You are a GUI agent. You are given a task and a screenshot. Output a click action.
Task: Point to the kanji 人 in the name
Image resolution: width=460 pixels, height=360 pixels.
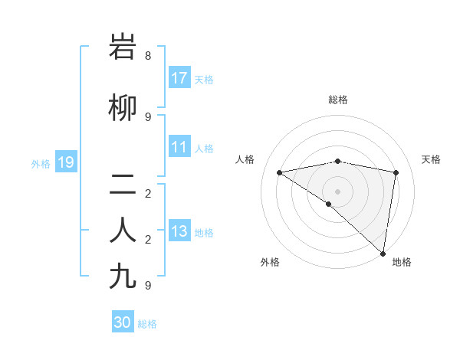[x=125, y=229]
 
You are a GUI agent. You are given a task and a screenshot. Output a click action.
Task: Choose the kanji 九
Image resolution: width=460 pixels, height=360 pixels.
[x=125, y=275]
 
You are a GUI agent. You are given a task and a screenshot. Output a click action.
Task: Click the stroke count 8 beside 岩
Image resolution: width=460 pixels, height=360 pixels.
[x=148, y=56]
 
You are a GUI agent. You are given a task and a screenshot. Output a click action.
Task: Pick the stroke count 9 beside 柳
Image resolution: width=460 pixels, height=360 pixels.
[x=148, y=116]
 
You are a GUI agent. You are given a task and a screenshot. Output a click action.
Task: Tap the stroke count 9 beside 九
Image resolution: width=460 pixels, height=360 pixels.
[x=148, y=284]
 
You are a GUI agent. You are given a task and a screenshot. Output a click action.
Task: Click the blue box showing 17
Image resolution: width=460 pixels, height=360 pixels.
[x=179, y=78]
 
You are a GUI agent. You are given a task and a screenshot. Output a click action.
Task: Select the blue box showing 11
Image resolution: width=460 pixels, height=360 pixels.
[x=179, y=147]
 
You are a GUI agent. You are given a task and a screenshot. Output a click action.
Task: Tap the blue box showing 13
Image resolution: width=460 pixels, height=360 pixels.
[x=179, y=231]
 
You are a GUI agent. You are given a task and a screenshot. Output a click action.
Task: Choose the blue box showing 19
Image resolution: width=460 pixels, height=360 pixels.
[x=65, y=162]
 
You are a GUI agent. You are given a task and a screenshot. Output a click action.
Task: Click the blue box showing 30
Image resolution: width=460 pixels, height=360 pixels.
[x=123, y=322]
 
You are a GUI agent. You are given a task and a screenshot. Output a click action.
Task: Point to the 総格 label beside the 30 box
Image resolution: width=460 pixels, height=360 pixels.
[x=148, y=324]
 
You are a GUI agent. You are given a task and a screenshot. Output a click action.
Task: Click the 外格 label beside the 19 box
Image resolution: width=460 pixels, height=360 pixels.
[x=41, y=163]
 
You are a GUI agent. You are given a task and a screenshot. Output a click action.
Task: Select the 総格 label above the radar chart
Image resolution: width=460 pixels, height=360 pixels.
[x=338, y=100]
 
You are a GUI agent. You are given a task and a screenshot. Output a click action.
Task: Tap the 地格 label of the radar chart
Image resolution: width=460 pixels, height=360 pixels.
[x=402, y=262]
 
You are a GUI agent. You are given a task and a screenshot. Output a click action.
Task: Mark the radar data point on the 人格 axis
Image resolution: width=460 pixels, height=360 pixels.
[x=280, y=172]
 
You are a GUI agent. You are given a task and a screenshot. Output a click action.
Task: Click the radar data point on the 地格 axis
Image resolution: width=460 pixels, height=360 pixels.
[x=383, y=253]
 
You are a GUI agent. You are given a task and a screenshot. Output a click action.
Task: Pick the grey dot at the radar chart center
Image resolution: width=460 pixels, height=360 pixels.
[x=337, y=191]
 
